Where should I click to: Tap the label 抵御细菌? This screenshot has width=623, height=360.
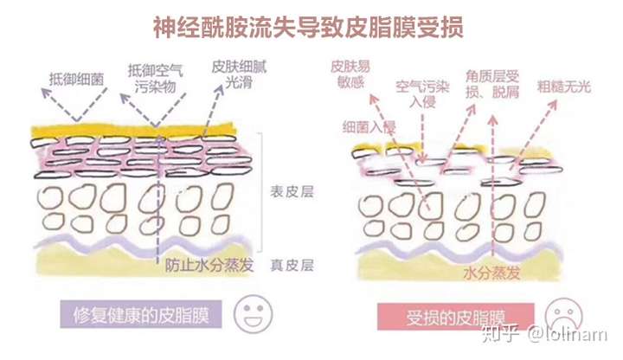76,77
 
